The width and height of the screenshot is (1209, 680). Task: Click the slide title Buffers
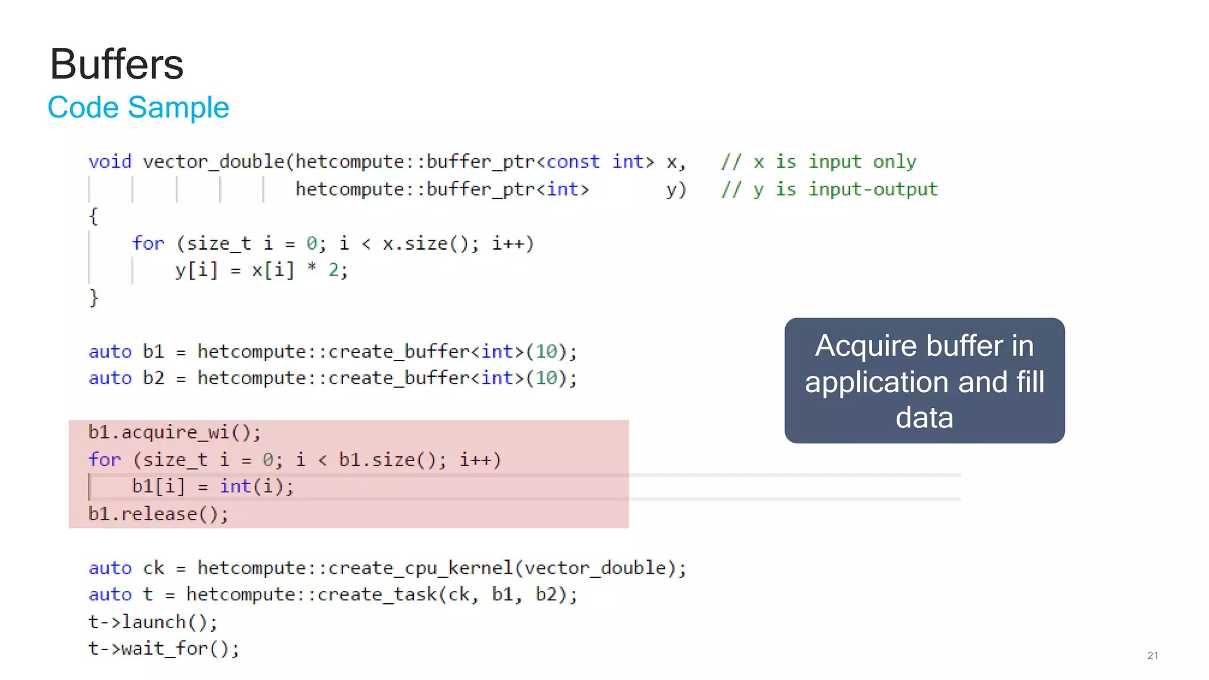pyautogui.click(x=117, y=64)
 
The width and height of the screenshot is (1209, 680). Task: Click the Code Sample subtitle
pyautogui.click(x=138, y=107)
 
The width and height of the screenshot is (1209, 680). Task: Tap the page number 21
pyautogui.click(x=1152, y=655)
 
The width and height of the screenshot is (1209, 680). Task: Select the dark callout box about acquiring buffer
pyautogui.click(x=924, y=381)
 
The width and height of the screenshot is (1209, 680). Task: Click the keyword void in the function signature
pyautogui.click(x=110, y=162)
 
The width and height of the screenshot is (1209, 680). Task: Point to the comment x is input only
pyautogui.click(x=819, y=162)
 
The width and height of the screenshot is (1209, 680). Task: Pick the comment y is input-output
pyautogui.click(x=829, y=189)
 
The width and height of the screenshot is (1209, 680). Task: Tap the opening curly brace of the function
pyautogui.click(x=93, y=216)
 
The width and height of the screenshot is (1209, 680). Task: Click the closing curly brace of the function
pyautogui.click(x=93, y=297)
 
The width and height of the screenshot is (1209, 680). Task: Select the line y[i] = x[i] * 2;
pyautogui.click(x=262, y=270)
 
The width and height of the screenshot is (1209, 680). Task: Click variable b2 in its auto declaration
pyautogui.click(x=153, y=378)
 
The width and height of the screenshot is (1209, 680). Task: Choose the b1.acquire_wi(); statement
pyautogui.click(x=174, y=433)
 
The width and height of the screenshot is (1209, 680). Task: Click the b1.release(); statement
pyautogui.click(x=158, y=514)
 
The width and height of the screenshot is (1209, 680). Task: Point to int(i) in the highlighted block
pyautogui.click(x=256, y=486)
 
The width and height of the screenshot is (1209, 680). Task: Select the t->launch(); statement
pyautogui.click(x=153, y=622)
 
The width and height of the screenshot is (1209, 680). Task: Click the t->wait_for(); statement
pyautogui.click(x=164, y=649)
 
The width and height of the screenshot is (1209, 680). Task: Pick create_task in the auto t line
pyautogui.click(x=377, y=594)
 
